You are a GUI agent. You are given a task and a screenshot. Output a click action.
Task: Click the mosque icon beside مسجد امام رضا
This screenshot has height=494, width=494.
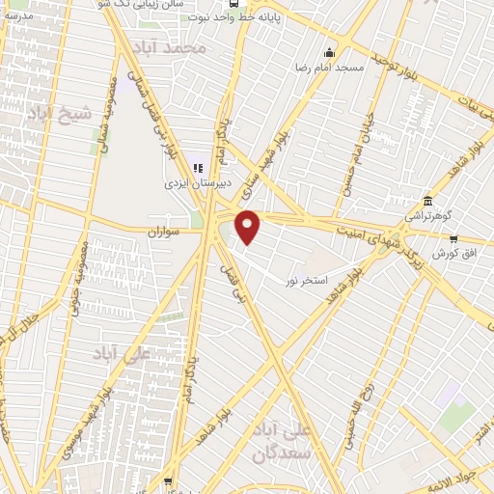pos(332,52)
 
